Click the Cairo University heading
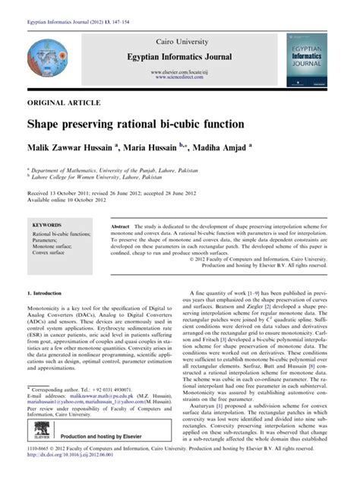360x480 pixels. [179, 39]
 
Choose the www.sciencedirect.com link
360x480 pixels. [179, 77]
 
